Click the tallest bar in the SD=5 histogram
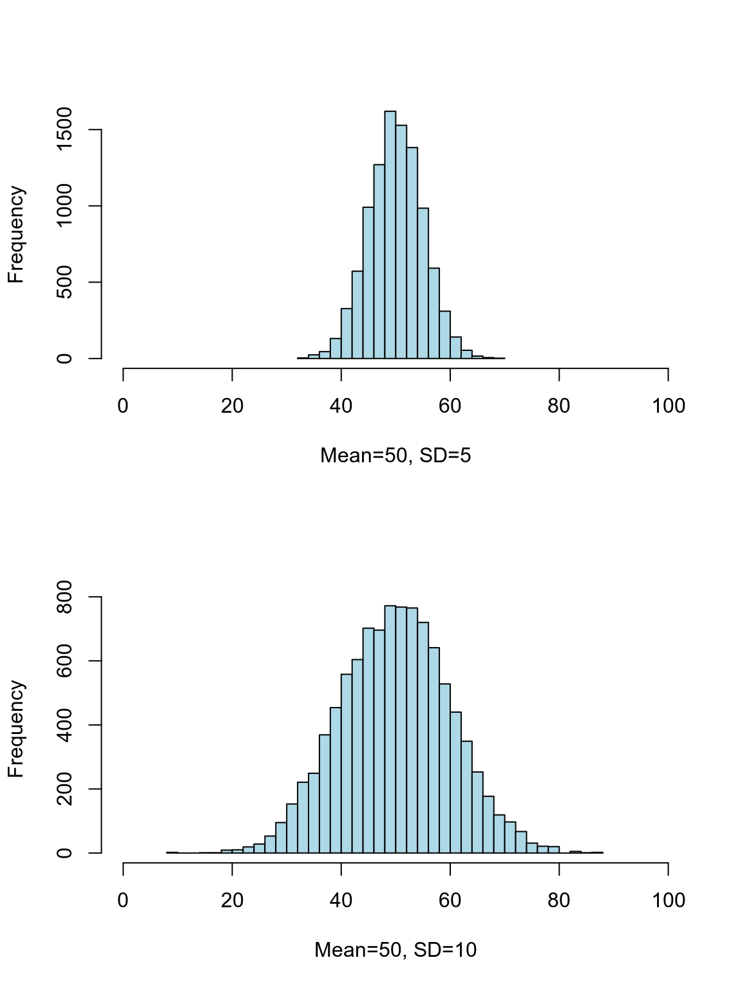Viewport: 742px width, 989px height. point(390,235)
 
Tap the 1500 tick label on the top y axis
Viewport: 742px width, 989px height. point(64,129)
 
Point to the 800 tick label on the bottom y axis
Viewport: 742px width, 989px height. point(64,598)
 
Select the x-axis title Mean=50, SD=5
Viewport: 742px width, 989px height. point(395,456)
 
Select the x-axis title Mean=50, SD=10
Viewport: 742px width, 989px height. point(395,950)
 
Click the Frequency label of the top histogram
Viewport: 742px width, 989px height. point(16,234)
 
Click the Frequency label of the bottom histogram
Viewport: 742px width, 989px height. point(16,729)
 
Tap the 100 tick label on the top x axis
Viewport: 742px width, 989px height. point(668,406)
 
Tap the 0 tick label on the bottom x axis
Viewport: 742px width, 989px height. point(123,900)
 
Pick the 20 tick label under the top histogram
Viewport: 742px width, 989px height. point(232,406)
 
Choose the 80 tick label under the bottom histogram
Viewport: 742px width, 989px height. point(559,900)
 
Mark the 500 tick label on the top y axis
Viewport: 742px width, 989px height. point(64,282)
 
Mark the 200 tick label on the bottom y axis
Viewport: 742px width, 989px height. point(64,789)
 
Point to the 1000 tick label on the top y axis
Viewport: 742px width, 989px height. point(64,206)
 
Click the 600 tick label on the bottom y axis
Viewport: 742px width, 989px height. point(64,661)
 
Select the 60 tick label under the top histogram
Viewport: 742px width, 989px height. point(450,406)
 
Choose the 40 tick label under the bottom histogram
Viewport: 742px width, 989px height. point(341,900)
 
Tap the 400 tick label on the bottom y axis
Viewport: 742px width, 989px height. point(64,725)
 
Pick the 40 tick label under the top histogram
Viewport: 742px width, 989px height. point(341,406)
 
